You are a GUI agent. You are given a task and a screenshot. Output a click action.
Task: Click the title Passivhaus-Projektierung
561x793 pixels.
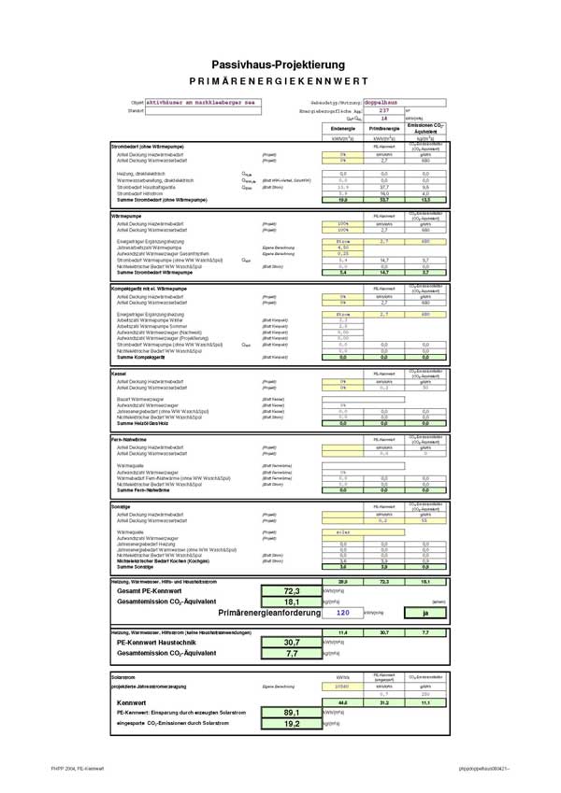[280, 63]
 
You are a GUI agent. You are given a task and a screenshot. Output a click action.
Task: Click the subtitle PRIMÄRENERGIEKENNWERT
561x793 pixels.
[280, 80]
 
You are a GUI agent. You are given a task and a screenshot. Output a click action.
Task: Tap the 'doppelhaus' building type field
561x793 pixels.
[383, 103]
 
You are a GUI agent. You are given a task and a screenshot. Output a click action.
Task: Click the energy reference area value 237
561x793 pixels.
[382, 110]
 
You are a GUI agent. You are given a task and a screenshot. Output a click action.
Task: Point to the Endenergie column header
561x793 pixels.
[341, 128]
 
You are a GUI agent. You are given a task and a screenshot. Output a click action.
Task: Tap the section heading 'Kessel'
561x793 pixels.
[119, 374]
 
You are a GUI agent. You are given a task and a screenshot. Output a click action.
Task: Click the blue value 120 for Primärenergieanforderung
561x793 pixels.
[342, 614]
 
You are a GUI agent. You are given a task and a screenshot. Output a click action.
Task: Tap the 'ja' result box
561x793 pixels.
[425, 614]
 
